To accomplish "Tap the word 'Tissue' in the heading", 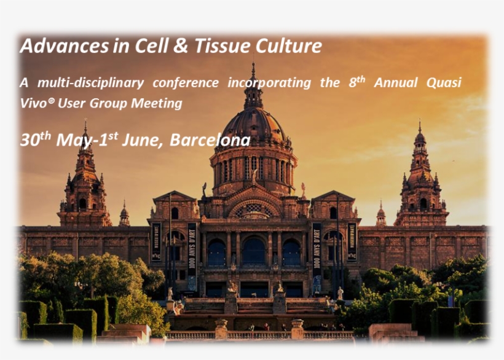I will coord(213,46).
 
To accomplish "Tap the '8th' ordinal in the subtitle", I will coord(356,82).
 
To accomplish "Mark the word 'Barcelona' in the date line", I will coord(210,140).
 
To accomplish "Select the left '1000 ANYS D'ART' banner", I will coord(191,248).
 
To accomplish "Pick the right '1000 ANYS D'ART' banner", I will coord(317,248).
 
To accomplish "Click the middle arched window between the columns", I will coord(253,252).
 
